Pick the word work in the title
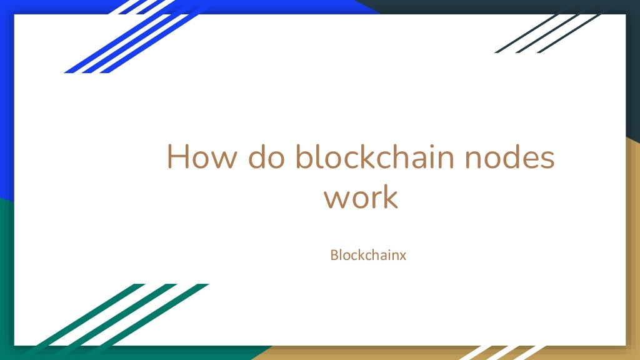360,197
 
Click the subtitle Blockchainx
368,255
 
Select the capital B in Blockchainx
334,255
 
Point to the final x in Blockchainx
403,256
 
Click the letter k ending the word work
389,196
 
